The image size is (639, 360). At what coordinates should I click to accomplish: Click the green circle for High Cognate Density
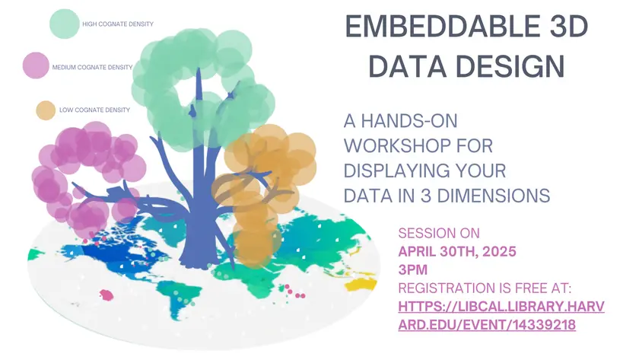click(x=65, y=24)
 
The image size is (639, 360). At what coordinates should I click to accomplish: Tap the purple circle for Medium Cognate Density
click(x=36, y=65)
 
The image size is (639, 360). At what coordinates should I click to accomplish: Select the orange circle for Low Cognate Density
click(x=46, y=110)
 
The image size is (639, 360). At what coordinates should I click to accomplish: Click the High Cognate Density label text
click(x=118, y=24)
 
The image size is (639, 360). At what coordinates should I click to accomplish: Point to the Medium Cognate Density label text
click(x=92, y=67)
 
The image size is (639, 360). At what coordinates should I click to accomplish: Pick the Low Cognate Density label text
click(x=94, y=110)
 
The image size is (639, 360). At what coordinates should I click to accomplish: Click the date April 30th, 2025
click(x=457, y=252)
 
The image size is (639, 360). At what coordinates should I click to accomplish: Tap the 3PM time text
click(x=413, y=270)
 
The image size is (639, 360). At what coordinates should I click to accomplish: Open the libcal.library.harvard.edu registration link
click(x=501, y=316)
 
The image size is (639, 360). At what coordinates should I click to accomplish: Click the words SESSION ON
click(x=439, y=233)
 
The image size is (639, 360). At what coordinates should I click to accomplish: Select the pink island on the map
click(x=106, y=295)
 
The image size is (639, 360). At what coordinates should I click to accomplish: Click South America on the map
click(x=180, y=296)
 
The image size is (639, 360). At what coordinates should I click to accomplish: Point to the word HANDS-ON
click(x=409, y=121)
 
